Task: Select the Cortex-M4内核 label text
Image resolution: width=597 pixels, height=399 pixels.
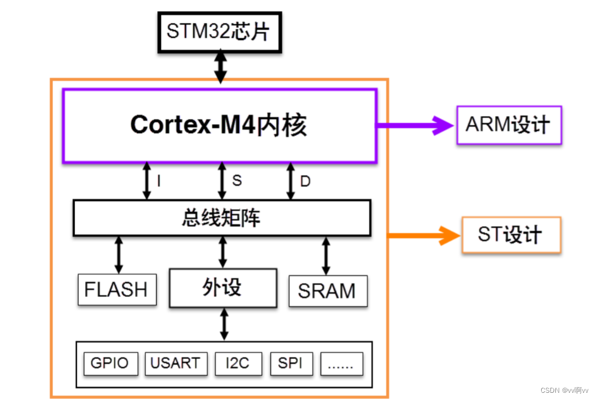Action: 219,125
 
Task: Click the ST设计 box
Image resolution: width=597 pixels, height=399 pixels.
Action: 511,234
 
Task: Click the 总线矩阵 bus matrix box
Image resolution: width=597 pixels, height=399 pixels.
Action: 221,218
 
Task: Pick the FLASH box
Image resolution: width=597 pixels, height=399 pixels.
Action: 116,290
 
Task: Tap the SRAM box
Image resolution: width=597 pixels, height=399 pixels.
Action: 327,291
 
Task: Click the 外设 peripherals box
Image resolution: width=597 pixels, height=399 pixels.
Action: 222,287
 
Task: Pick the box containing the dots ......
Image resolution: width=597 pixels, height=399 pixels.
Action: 341,364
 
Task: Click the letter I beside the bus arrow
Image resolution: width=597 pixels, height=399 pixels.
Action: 159,181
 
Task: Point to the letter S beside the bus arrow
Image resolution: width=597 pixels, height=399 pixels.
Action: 237,180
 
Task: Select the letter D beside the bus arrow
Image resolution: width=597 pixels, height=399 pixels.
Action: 305,181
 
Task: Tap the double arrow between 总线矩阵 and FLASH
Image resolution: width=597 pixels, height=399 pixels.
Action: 118,255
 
